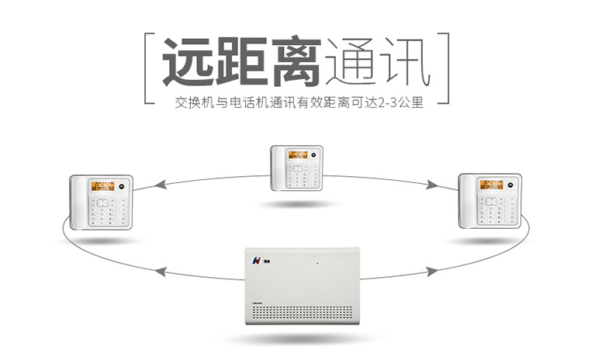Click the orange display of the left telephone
point(102,186)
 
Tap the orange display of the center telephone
point(299,154)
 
